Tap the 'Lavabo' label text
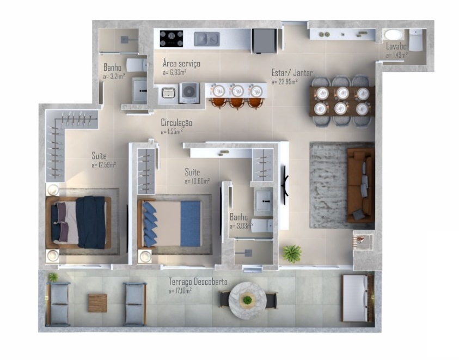pos(396,47)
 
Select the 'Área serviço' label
pos(181,64)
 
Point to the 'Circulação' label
pos(176,123)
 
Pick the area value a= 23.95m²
pos(284,82)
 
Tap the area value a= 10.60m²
pos(197,181)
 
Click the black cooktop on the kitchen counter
pos(171,38)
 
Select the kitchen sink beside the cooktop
pos(207,39)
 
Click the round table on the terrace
pos(247,300)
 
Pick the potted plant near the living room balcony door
pos(292,253)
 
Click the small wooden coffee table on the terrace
pos(97,302)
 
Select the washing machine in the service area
pos(189,92)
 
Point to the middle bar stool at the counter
pos(237,101)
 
